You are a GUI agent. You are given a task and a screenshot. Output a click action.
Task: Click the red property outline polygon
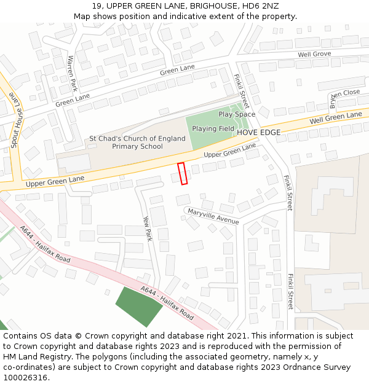point(182,173)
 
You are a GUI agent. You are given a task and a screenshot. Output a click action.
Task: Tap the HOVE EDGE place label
point(258,133)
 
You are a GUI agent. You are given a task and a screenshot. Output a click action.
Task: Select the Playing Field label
point(213,128)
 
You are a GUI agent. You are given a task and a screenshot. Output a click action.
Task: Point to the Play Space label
point(237,114)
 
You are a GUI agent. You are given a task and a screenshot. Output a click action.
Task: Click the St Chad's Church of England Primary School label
point(137,143)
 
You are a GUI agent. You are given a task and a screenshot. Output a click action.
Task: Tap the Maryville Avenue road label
point(213,216)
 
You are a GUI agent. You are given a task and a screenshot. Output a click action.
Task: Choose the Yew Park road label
point(147,227)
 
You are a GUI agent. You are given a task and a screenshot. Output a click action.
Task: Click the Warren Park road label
point(72,72)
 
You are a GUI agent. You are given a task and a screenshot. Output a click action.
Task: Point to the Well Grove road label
point(314,55)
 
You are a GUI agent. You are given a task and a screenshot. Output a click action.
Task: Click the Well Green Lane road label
point(336,117)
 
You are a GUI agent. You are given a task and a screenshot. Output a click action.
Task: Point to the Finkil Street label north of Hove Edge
point(241,91)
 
